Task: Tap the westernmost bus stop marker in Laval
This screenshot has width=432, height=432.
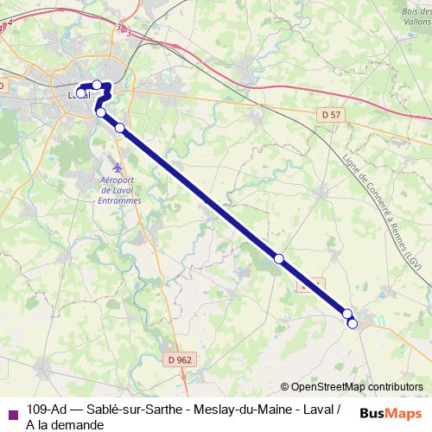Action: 80,93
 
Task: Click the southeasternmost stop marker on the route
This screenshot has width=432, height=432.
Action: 353,323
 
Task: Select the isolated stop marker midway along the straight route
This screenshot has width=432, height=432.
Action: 279,258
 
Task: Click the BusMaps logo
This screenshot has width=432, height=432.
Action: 391,413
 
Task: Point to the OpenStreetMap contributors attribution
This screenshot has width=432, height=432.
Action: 356,386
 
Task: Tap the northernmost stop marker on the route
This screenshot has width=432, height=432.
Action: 97,85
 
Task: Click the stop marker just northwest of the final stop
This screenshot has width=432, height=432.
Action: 347,314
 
